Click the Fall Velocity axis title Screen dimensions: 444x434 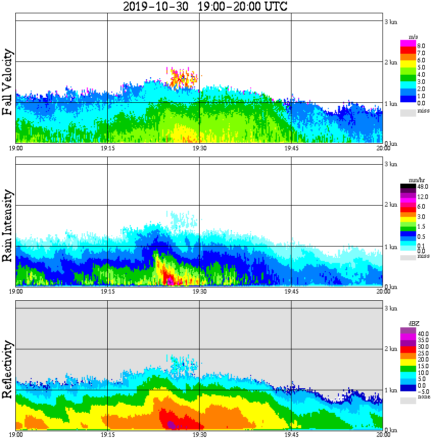tap(8, 82)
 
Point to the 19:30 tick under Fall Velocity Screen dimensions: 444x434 tap(199, 148)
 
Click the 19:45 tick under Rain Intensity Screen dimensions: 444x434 tap(291, 292)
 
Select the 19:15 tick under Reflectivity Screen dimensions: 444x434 tap(107, 435)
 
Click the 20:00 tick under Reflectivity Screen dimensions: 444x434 tap(383, 435)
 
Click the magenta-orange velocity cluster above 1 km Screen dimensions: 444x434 tap(182, 78)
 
